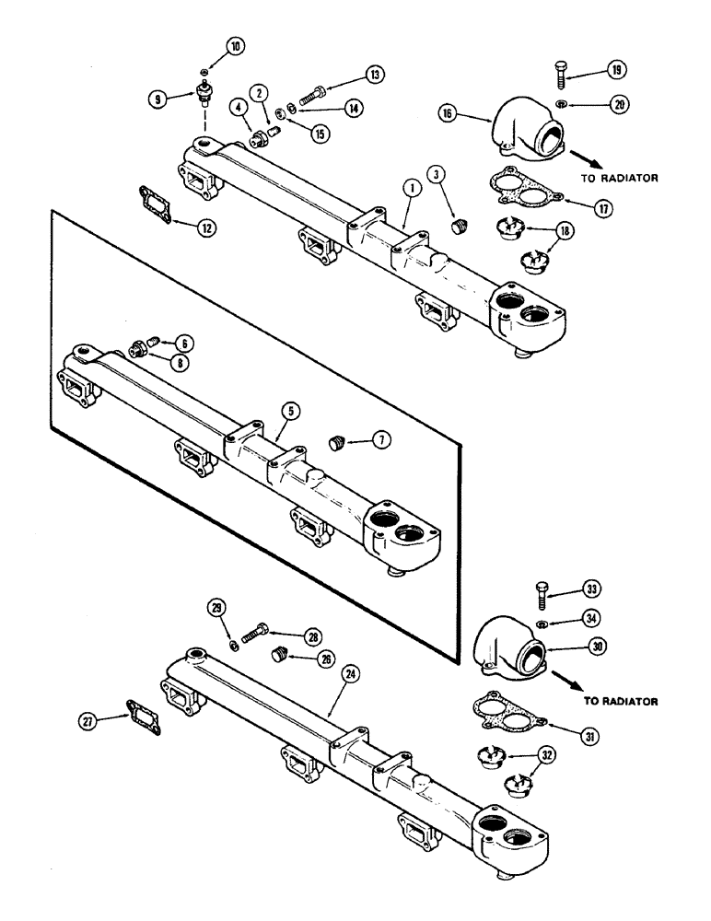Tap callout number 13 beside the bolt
pyautogui.click(x=349, y=74)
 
